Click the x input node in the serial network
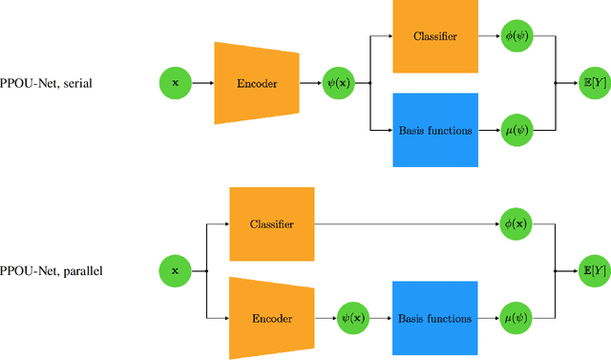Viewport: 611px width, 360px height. coord(175,83)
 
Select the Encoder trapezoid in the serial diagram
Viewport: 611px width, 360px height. coord(256,83)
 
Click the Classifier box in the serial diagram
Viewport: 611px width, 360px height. coord(435,36)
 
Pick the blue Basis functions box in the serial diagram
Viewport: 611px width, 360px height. coord(435,129)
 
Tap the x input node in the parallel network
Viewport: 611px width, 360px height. coord(175,271)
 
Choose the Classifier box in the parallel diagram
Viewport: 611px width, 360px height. coord(271,224)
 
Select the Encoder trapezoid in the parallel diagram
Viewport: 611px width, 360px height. coord(272,317)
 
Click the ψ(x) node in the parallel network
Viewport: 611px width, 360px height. coord(355,317)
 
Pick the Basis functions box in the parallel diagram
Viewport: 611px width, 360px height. coord(435,317)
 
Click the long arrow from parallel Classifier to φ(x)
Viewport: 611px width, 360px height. coord(406,224)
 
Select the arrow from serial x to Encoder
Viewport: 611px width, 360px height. coord(201,83)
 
